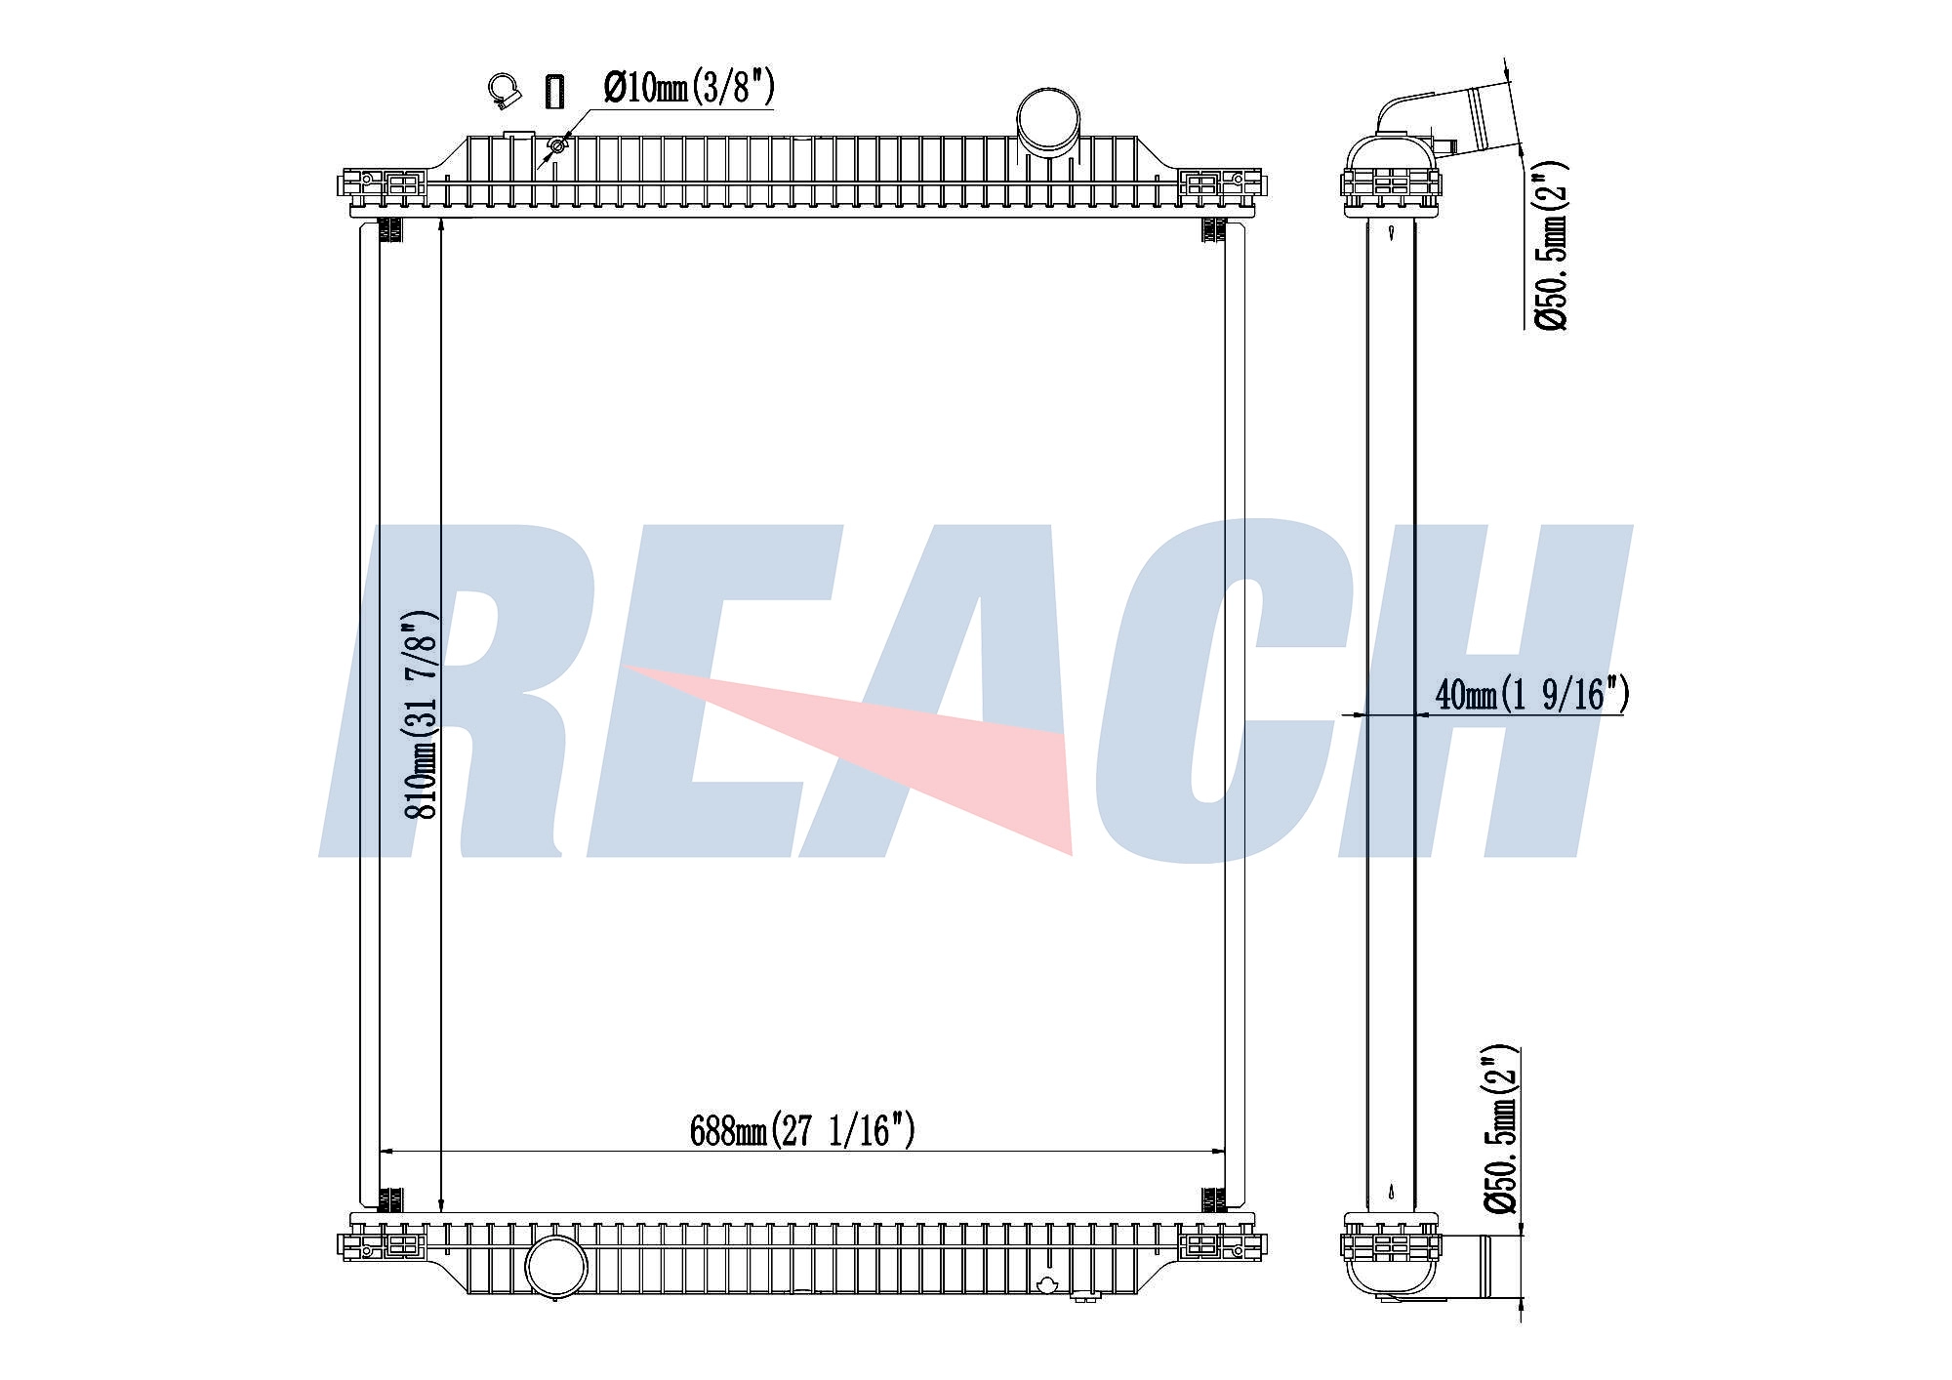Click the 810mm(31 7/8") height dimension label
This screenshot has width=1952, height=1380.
422,713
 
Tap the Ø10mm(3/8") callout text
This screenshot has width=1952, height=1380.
689,88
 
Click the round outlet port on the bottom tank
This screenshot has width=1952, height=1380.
556,1267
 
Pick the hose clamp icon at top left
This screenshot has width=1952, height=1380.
504,91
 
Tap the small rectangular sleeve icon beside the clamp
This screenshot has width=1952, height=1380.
554,91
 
